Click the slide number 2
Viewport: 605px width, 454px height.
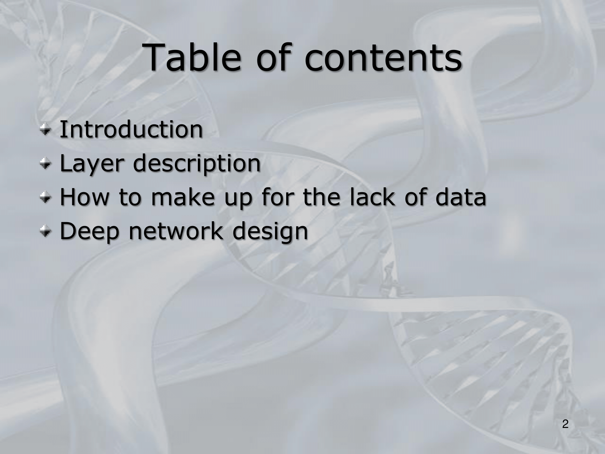click(x=565, y=424)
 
